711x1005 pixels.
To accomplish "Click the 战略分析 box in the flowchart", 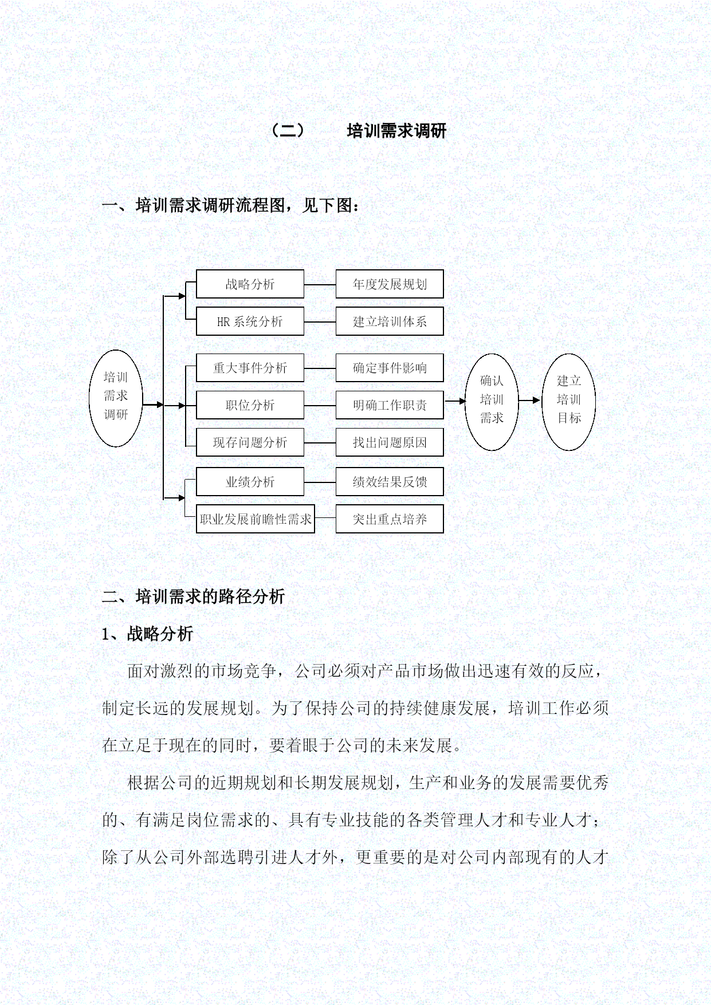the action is [250, 284].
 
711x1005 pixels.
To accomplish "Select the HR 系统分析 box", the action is [250, 321].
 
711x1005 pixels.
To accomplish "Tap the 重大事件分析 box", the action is [250, 368].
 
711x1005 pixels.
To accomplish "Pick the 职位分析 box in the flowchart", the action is [250, 405].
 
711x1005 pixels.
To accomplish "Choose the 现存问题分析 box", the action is [250, 442].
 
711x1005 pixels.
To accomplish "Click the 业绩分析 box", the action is [250, 482].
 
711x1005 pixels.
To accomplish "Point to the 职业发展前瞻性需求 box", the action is [256, 519].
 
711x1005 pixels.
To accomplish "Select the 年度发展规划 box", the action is [390, 284].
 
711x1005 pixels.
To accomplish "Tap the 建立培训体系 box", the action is [390, 321].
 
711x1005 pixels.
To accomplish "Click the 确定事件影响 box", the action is [390, 368].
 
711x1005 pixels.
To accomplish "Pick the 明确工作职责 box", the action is [390, 405].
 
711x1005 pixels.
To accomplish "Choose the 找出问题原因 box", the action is [390, 442].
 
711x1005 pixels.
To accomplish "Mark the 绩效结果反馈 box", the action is [390, 482].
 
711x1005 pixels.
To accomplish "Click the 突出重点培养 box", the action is [390, 519].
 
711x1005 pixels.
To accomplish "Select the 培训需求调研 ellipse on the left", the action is [116, 398].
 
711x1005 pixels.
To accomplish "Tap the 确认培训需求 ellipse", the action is [492, 402].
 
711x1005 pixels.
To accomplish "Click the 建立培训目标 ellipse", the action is [569, 402].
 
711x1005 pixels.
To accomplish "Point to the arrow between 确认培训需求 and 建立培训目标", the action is [530, 401].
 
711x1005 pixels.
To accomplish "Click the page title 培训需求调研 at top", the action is [396, 131].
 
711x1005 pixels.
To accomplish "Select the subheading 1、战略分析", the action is [148, 634].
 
